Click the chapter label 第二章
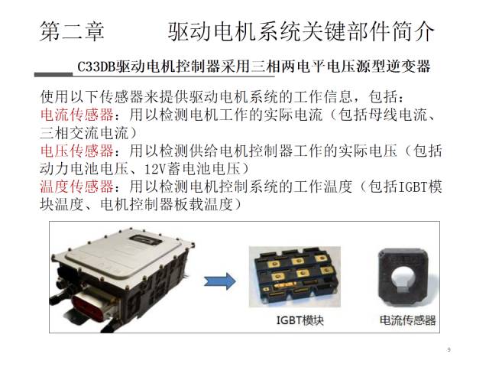tap(72, 31)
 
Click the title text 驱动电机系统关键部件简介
tap(301, 31)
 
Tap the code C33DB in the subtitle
tap(96, 67)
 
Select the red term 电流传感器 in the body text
tap(77, 115)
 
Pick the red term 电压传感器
tap(77, 151)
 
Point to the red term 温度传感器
tap(77, 187)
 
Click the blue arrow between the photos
tap(220, 281)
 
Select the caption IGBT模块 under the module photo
tap(300, 320)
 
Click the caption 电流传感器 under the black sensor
tap(407, 320)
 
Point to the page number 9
tap(449, 349)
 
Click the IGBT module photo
tap(295, 277)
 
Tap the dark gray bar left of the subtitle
tap(53, 75)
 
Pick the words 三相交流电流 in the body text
tap(84, 133)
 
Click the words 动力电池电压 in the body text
tap(84, 169)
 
